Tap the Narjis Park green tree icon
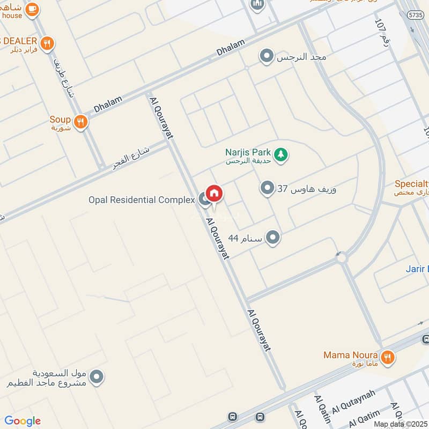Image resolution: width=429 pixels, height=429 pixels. tap(280, 154)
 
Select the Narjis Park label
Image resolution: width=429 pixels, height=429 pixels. tap(248, 152)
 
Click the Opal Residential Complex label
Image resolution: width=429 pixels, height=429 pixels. tap(142, 200)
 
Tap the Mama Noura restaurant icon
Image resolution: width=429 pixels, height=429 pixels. tap(387, 356)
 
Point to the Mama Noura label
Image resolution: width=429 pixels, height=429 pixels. tap(351, 355)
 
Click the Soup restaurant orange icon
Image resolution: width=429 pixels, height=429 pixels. tap(81, 122)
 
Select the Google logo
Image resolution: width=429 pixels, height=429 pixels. tap(23, 421)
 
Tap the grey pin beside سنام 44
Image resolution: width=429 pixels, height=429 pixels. tap(273, 237)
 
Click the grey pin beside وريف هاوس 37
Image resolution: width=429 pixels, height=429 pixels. tap(267, 188)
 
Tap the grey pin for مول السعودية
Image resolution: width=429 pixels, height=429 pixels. tap(97, 378)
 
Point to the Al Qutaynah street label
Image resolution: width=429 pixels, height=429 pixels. tap(353, 402)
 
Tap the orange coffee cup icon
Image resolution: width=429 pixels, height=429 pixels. tap(32, 9)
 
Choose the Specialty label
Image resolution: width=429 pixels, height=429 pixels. tap(412, 183)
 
